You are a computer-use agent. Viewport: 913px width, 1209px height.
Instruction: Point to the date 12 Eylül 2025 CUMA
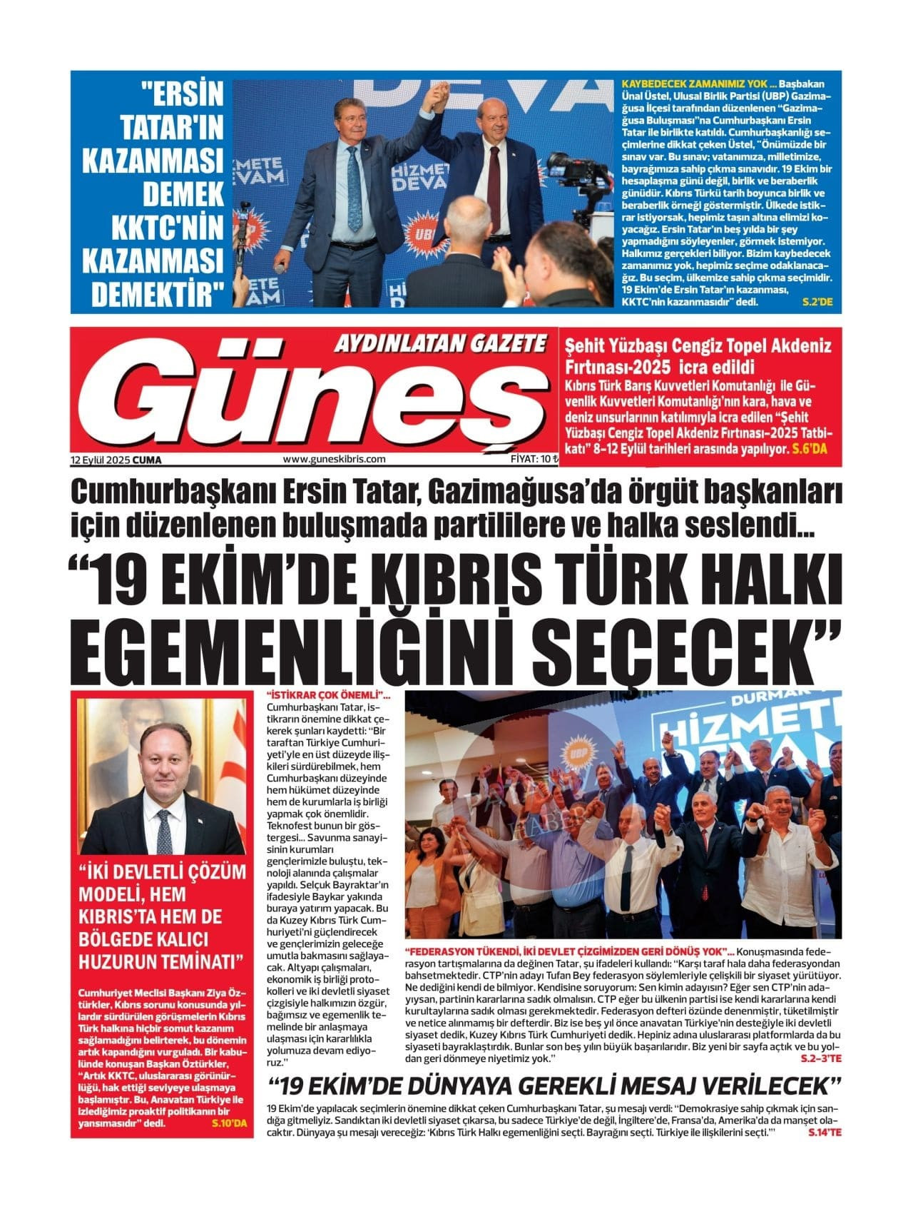click(x=116, y=460)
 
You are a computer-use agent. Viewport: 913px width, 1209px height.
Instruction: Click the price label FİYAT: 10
click(x=529, y=460)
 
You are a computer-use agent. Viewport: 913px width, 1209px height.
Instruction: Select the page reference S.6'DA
click(x=811, y=450)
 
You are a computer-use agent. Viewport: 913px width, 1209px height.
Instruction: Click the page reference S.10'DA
click(x=228, y=1123)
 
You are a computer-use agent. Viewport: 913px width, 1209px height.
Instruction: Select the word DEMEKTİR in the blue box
click(x=158, y=294)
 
